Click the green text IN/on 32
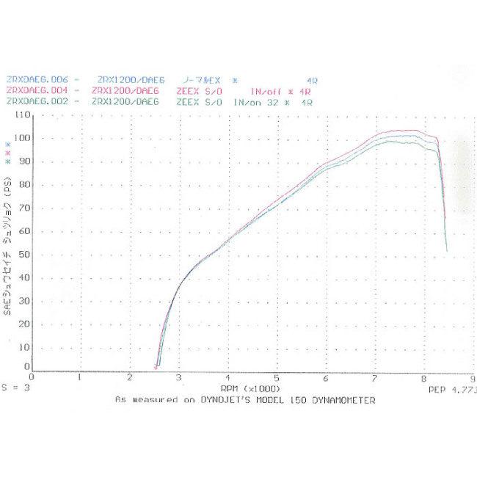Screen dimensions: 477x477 [257, 102]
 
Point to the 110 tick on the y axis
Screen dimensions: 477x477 [22, 115]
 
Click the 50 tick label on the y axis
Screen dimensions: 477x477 [25, 254]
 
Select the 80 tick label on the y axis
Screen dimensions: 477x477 [25, 185]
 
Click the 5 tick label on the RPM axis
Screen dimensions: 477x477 [277, 377]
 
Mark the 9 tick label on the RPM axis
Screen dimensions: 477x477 [472, 377]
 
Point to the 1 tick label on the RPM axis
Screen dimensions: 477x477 [79, 377]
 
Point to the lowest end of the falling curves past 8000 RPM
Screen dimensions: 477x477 [446, 251]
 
